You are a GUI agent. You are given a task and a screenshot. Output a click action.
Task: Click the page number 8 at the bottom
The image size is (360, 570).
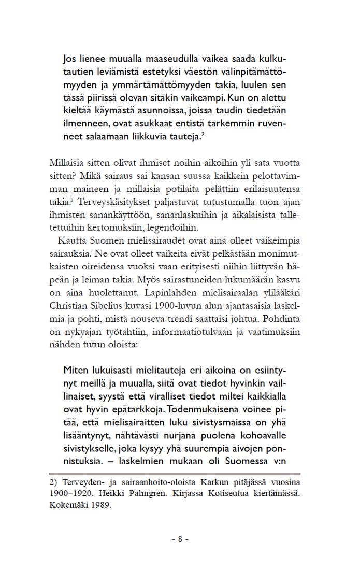(180, 539)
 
